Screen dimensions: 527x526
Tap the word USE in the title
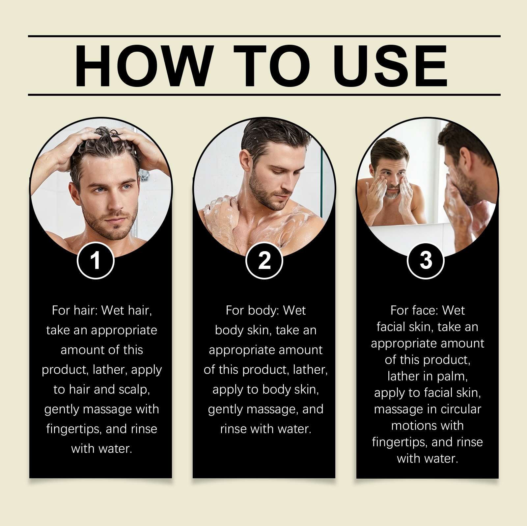[390, 66]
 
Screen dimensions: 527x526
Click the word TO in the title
[272, 66]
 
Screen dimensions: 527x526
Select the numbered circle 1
[96, 261]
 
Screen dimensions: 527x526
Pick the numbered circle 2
[264, 261]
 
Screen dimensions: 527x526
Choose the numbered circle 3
[426, 261]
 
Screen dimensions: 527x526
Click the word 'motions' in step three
[415, 426]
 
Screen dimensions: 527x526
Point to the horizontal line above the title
[264, 36]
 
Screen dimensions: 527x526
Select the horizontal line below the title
[264, 95]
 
